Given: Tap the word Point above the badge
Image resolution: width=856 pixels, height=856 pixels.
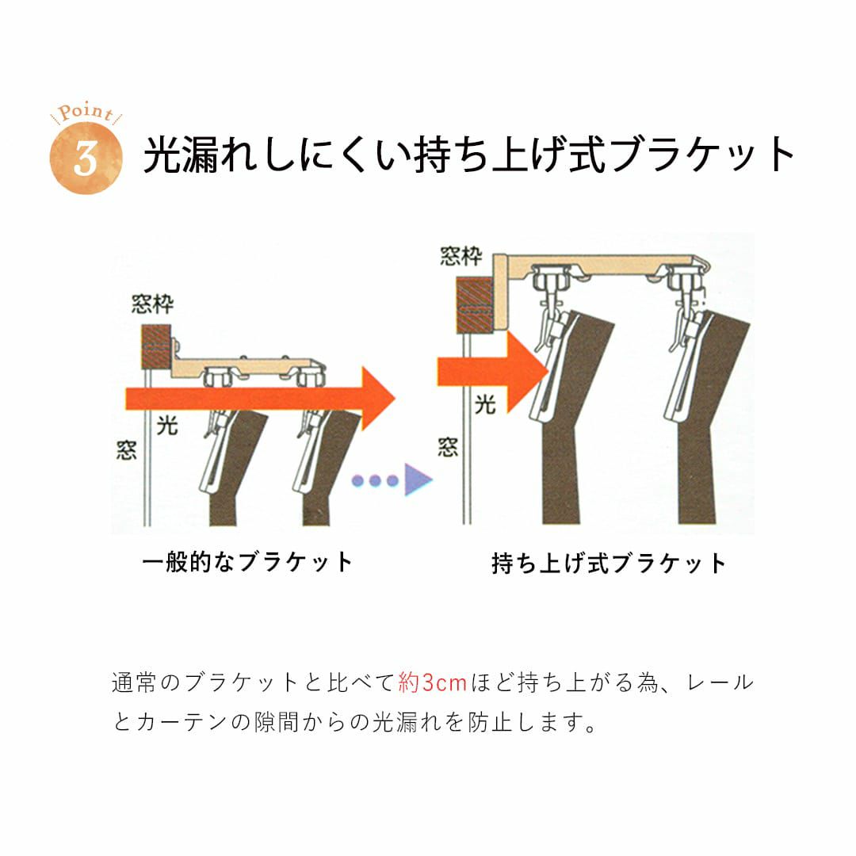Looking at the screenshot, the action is (x=86, y=113).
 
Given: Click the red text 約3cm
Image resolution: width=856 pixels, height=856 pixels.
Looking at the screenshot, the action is (x=433, y=683).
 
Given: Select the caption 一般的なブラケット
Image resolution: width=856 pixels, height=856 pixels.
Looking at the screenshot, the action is (x=248, y=562).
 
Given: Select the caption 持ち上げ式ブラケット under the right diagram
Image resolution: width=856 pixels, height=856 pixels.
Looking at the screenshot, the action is (x=609, y=564).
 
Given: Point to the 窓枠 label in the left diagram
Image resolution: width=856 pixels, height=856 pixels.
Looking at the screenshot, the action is (x=152, y=304).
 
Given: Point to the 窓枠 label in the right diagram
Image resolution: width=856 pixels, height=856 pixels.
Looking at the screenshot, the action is (x=462, y=256).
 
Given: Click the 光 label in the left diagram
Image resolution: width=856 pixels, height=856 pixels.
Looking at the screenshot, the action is (x=167, y=425).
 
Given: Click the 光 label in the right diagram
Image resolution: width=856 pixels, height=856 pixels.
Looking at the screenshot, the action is (x=485, y=405).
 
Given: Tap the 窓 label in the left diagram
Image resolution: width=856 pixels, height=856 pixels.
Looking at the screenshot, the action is (x=126, y=450).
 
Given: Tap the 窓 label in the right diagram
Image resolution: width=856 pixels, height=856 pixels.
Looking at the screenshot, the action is (x=448, y=447).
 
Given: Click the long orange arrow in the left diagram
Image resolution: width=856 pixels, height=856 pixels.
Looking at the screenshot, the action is (x=261, y=399).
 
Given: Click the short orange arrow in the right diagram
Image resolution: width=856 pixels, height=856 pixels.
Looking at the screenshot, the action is (x=492, y=371).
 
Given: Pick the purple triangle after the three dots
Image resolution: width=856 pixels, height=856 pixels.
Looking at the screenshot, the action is (x=418, y=480).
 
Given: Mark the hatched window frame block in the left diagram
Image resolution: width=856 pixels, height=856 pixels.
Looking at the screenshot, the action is (x=156, y=346).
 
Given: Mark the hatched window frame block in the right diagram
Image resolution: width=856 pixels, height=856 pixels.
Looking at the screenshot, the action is (x=475, y=304).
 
